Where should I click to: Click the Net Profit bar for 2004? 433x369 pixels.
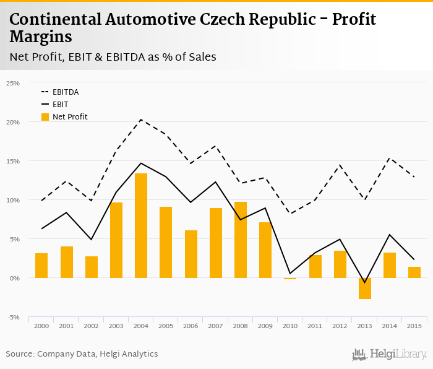coord(141,225)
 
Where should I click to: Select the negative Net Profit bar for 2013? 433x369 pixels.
coord(365,289)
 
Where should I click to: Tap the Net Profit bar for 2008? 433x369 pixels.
coord(241,240)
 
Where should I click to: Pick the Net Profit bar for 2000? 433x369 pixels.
coord(41,266)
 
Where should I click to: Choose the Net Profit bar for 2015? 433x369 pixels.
coord(414,272)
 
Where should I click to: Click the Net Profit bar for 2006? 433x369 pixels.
coord(191,254)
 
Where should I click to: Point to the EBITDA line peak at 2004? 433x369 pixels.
coord(141,119)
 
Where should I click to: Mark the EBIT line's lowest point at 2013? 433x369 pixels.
coord(365,282)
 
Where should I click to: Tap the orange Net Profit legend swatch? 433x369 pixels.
coord(45,116)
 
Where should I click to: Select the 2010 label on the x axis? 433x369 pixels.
coord(290,326)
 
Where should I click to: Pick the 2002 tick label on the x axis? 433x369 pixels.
coord(92,326)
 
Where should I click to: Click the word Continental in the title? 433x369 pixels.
coord(56,20)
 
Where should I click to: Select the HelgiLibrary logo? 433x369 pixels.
coord(390,354)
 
